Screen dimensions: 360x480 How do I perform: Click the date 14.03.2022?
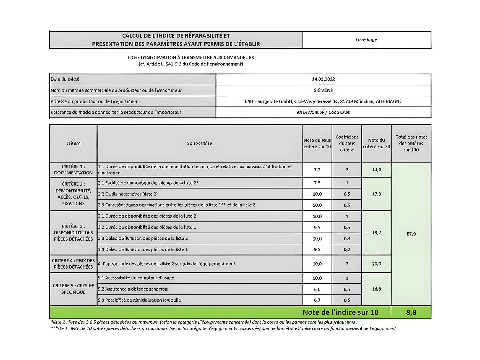[x=323, y=79]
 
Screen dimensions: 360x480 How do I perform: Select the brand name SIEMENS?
[x=323, y=90]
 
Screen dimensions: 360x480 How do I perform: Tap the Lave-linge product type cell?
[x=366, y=40]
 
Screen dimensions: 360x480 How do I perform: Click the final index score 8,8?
[x=411, y=312]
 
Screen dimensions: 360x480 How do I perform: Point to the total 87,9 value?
[x=411, y=234]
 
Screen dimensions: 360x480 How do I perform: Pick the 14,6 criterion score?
[x=377, y=170]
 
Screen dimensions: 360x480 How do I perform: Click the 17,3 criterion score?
[x=377, y=194]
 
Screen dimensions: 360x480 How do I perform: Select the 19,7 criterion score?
[x=377, y=233]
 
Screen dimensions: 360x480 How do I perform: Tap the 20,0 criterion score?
[x=377, y=264]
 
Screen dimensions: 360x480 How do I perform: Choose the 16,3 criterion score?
[x=377, y=289]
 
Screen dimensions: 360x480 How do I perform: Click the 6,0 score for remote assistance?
[x=317, y=289]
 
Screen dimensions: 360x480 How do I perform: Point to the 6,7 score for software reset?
[x=317, y=300]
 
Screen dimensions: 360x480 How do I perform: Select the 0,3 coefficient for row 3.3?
[x=347, y=239]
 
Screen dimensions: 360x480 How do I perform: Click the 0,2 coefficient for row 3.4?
[x=347, y=250]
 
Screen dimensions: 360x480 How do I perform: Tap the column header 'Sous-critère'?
[x=199, y=143]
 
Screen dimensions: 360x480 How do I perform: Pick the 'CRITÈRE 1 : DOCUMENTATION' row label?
[x=73, y=170]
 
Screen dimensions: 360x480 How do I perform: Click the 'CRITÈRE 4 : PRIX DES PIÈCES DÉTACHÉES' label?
[x=73, y=264]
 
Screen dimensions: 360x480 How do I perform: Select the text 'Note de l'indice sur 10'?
[x=340, y=312]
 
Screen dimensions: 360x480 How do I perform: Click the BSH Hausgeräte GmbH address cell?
[x=323, y=101]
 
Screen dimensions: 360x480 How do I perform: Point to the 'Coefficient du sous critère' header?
[x=347, y=143]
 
